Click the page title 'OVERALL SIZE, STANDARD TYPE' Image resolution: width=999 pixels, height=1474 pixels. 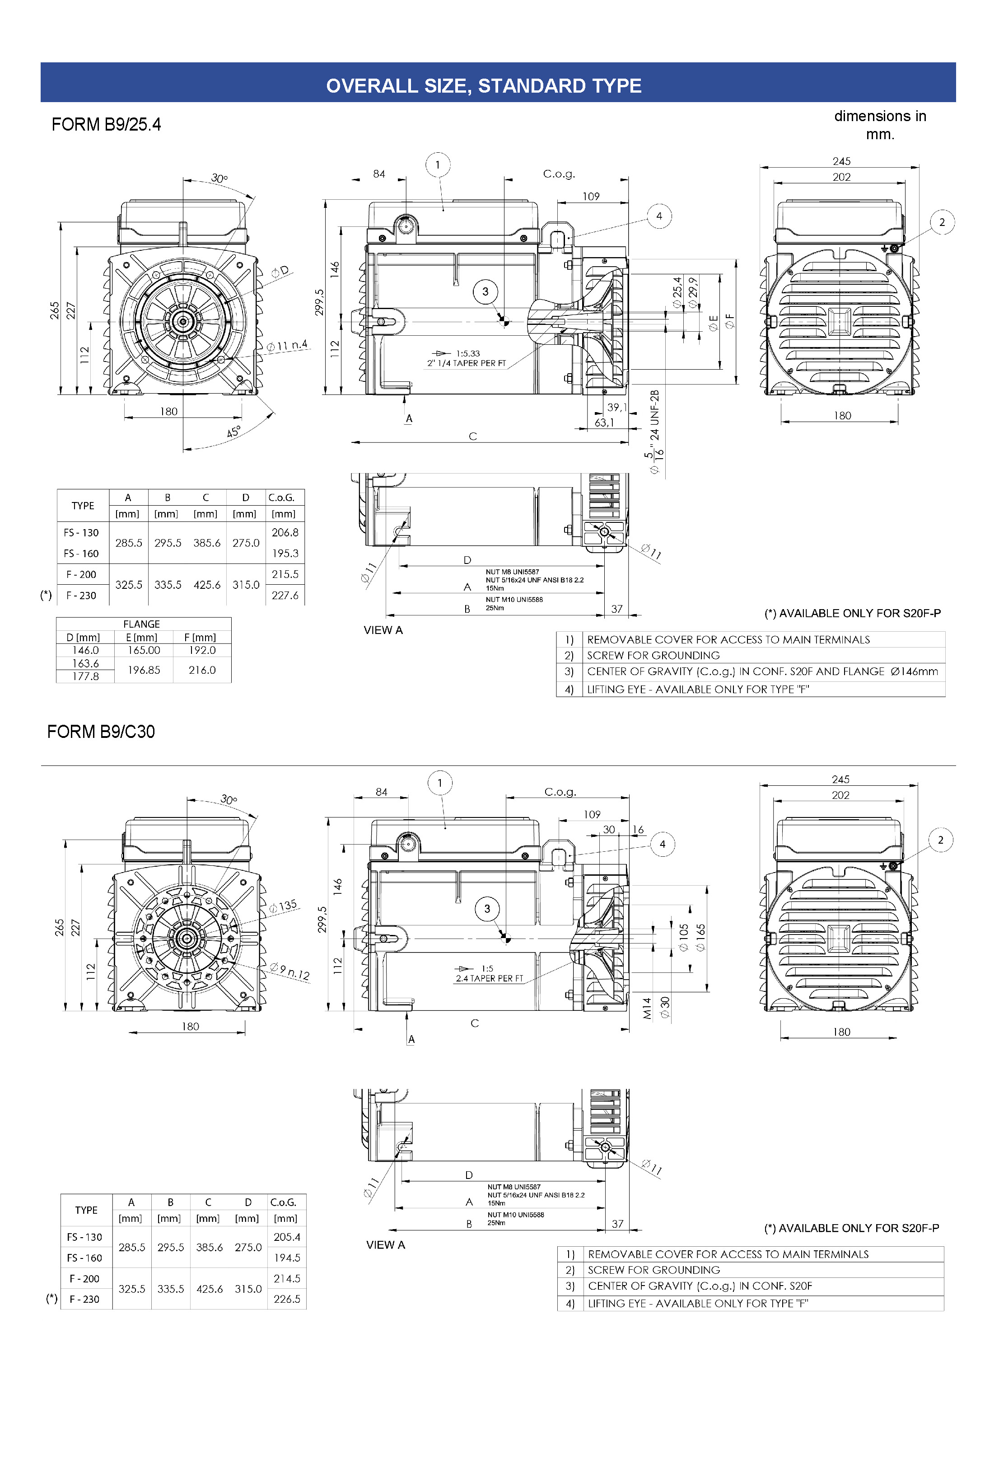(x=483, y=85)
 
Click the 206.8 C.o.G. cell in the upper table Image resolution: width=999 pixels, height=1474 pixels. (x=285, y=532)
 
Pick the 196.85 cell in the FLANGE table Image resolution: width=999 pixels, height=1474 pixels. (x=144, y=670)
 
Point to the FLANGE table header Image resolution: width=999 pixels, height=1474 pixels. (x=141, y=624)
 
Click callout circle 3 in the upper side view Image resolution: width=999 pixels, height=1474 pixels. (x=485, y=292)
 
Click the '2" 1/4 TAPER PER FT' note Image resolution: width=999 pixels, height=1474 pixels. (x=467, y=363)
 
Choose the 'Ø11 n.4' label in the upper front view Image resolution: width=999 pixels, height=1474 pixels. (x=287, y=346)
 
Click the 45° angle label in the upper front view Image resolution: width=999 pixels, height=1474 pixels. (x=233, y=432)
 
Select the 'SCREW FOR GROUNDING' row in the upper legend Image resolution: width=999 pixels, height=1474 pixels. (x=653, y=655)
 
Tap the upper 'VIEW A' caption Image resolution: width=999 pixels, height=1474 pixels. (x=383, y=630)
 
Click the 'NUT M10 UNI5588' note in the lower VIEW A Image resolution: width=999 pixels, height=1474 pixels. (x=515, y=1215)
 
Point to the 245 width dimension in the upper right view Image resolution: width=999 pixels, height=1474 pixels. (x=841, y=161)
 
